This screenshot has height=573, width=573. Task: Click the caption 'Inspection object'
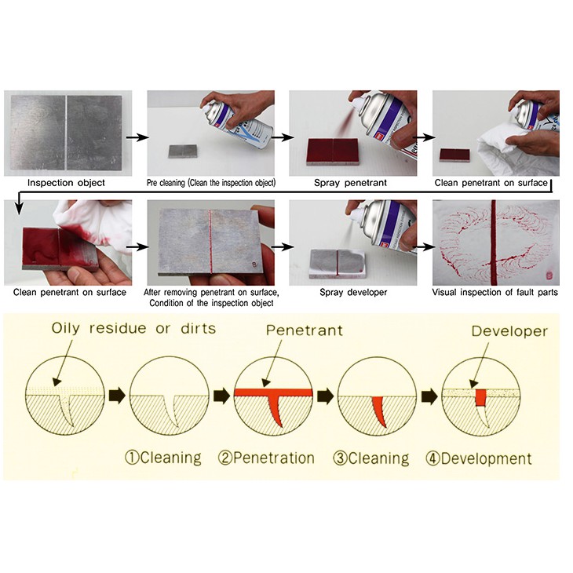pos(66,183)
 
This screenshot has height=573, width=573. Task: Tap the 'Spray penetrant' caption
pos(350,183)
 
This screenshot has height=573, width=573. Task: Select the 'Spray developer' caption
pos(353,292)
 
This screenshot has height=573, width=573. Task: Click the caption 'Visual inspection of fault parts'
pos(495,292)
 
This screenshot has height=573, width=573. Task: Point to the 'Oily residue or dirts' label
pos(133,328)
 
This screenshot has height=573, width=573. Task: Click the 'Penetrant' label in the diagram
pos(305,330)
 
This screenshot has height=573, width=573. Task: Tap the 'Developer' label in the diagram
pos(509,331)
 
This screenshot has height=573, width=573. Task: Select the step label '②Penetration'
pos(266,458)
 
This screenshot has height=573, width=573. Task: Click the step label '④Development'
pos(479,458)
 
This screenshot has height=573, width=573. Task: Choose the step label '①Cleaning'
pos(163,458)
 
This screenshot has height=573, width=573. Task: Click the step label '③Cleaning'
pos(371,458)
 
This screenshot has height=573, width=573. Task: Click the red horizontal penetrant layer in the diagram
pos(273,392)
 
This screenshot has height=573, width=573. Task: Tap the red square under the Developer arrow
pos(481,397)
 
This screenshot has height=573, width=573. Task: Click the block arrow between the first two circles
pos(117,396)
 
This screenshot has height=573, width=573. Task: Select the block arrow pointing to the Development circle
pos(429,397)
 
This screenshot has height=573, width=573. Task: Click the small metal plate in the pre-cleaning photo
pos(183,151)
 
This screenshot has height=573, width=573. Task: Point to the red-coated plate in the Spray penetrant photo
pos(333,151)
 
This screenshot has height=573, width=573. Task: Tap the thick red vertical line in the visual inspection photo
pos(494,243)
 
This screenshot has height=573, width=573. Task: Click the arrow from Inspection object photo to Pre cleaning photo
pos(137,137)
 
